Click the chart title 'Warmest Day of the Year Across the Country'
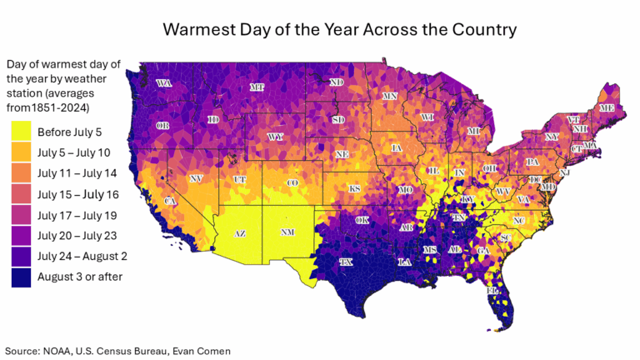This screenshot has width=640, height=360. (x=339, y=29)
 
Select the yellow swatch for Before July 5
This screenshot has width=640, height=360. (x=22, y=132)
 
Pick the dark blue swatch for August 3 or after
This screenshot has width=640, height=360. (x=22, y=276)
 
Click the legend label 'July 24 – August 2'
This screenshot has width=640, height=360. (x=81, y=256)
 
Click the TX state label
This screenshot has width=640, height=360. (x=346, y=262)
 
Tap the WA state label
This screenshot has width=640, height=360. (x=164, y=83)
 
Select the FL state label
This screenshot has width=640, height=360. (x=492, y=292)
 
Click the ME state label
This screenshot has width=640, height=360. (x=607, y=108)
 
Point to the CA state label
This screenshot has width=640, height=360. (x=170, y=202)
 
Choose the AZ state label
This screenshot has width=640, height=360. (x=239, y=233)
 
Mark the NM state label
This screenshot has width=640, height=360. (x=287, y=232)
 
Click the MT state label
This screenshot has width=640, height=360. (x=257, y=87)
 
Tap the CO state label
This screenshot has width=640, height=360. (x=292, y=182)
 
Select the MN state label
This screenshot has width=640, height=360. (x=389, y=97)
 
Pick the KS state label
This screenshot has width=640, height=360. (x=354, y=189)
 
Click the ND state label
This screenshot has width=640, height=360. (x=337, y=82)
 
